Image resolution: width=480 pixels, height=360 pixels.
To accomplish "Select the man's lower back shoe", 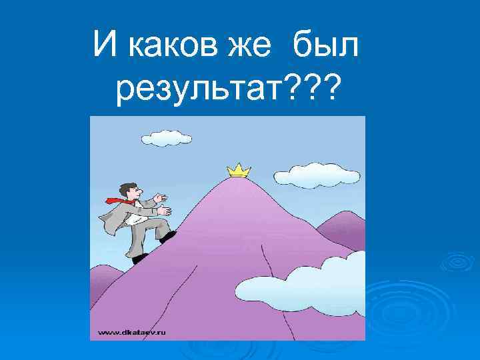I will [139, 258].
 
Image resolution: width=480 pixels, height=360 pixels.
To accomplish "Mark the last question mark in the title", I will [328, 89].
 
